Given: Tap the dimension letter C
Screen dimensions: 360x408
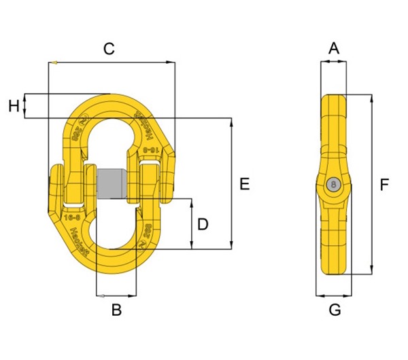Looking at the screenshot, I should tap(108, 48).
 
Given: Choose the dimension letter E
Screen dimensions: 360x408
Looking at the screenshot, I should tap(245, 183).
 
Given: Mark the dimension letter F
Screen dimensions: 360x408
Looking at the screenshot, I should tap(385, 184).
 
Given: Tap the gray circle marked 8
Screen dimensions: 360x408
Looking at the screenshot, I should tap(333, 184).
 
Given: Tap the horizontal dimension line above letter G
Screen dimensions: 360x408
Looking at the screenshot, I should tap(334, 295).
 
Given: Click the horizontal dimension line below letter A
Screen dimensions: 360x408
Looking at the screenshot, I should tap(333, 62).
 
